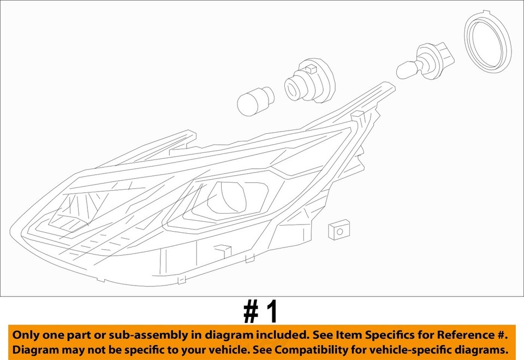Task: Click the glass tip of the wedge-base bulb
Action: pos(406,70)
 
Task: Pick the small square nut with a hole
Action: pos(338,231)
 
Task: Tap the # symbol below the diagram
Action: pos(250,312)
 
